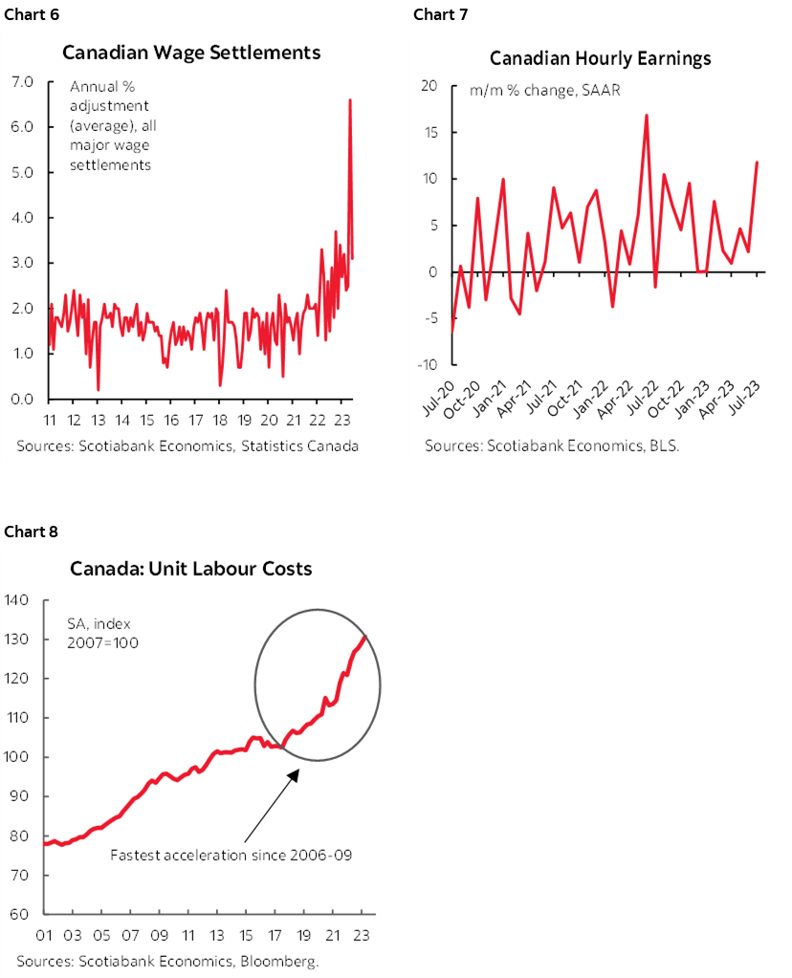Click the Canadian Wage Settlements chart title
[191, 52]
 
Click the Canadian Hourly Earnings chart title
[600, 58]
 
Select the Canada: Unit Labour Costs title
[191, 569]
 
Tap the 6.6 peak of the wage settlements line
[349, 100]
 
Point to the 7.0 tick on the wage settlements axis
[22, 82]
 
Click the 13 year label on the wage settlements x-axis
[99, 421]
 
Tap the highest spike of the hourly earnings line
[647, 116]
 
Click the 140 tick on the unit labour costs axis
[21, 600]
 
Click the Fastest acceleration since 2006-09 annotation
[231, 855]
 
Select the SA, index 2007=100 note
[103, 632]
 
